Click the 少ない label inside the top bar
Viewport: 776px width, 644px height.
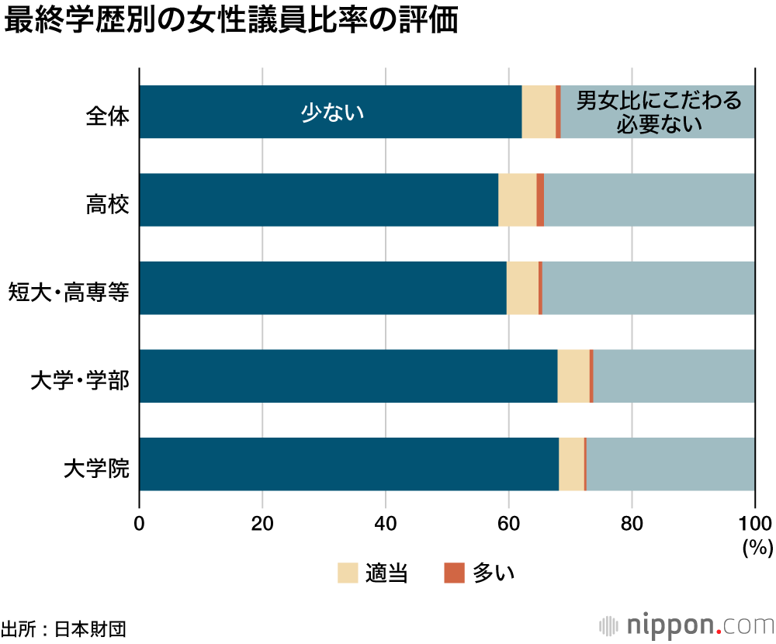click(332, 113)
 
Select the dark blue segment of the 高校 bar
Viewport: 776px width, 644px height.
click(318, 200)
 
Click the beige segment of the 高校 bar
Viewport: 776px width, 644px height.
click(517, 200)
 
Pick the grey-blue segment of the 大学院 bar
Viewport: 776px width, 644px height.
click(670, 464)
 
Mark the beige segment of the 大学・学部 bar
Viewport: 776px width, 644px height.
click(573, 376)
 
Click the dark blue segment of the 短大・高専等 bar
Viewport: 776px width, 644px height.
click(323, 288)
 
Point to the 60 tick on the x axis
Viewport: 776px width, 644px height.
click(509, 522)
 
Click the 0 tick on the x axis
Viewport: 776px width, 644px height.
click(140, 522)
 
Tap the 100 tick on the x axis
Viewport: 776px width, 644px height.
click(754, 522)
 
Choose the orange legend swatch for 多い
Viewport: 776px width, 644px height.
click(453, 573)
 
